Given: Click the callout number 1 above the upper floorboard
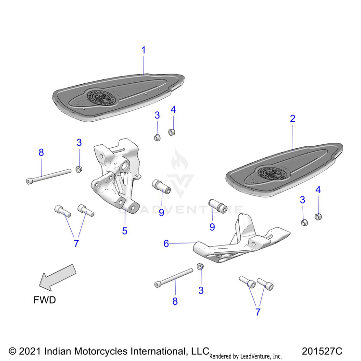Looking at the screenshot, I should click(143, 50).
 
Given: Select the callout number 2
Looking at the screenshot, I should click(292, 118).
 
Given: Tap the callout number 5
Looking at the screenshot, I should click(125, 231).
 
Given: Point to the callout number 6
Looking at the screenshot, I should click(167, 244).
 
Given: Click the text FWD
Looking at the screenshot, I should click(45, 300).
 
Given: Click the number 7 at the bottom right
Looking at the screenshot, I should click(258, 311).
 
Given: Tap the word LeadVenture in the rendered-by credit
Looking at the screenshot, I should click(256, 356).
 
